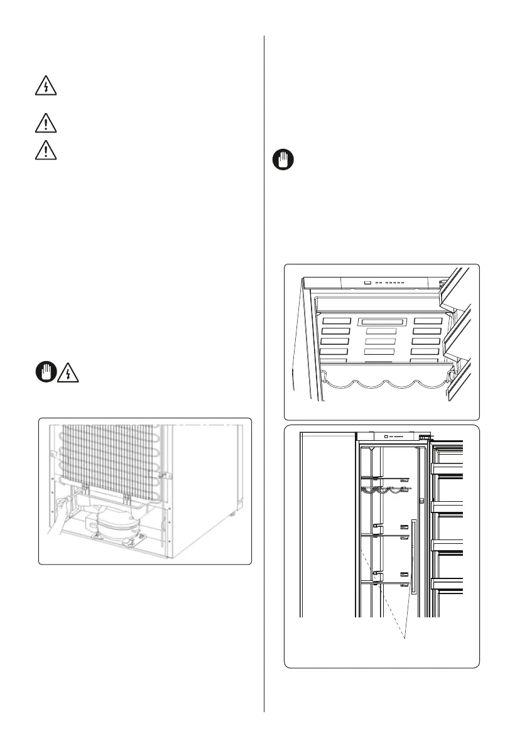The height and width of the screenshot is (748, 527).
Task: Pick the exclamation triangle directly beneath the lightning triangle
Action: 44,122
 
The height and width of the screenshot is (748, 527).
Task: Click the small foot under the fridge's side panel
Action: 233,514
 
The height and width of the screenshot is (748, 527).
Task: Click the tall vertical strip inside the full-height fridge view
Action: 412,556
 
